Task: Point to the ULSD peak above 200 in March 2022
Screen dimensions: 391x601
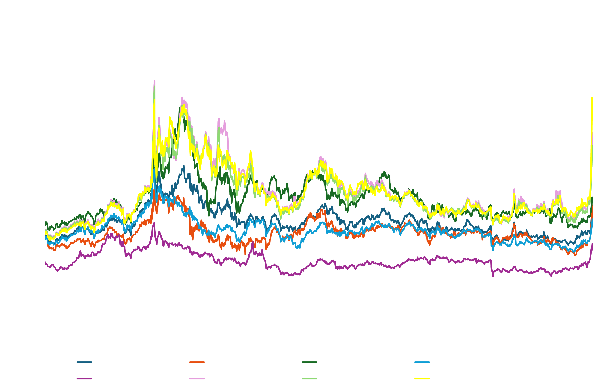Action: [155, 81]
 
